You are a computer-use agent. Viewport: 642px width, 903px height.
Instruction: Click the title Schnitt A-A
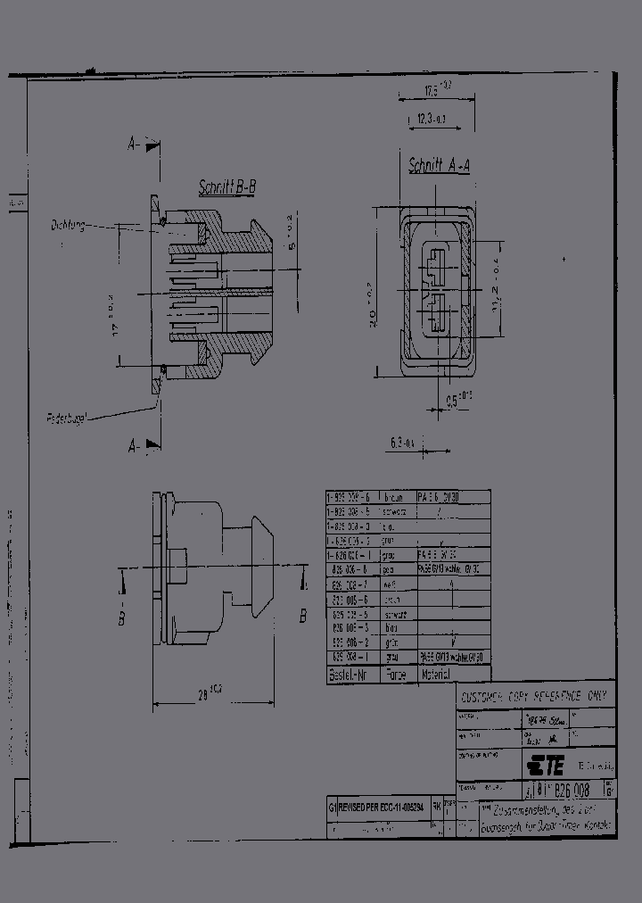coord(439,165)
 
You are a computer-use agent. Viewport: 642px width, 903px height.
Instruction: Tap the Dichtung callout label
coord(68,226)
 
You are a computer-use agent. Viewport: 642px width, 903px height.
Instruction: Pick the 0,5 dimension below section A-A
coord(459,399)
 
